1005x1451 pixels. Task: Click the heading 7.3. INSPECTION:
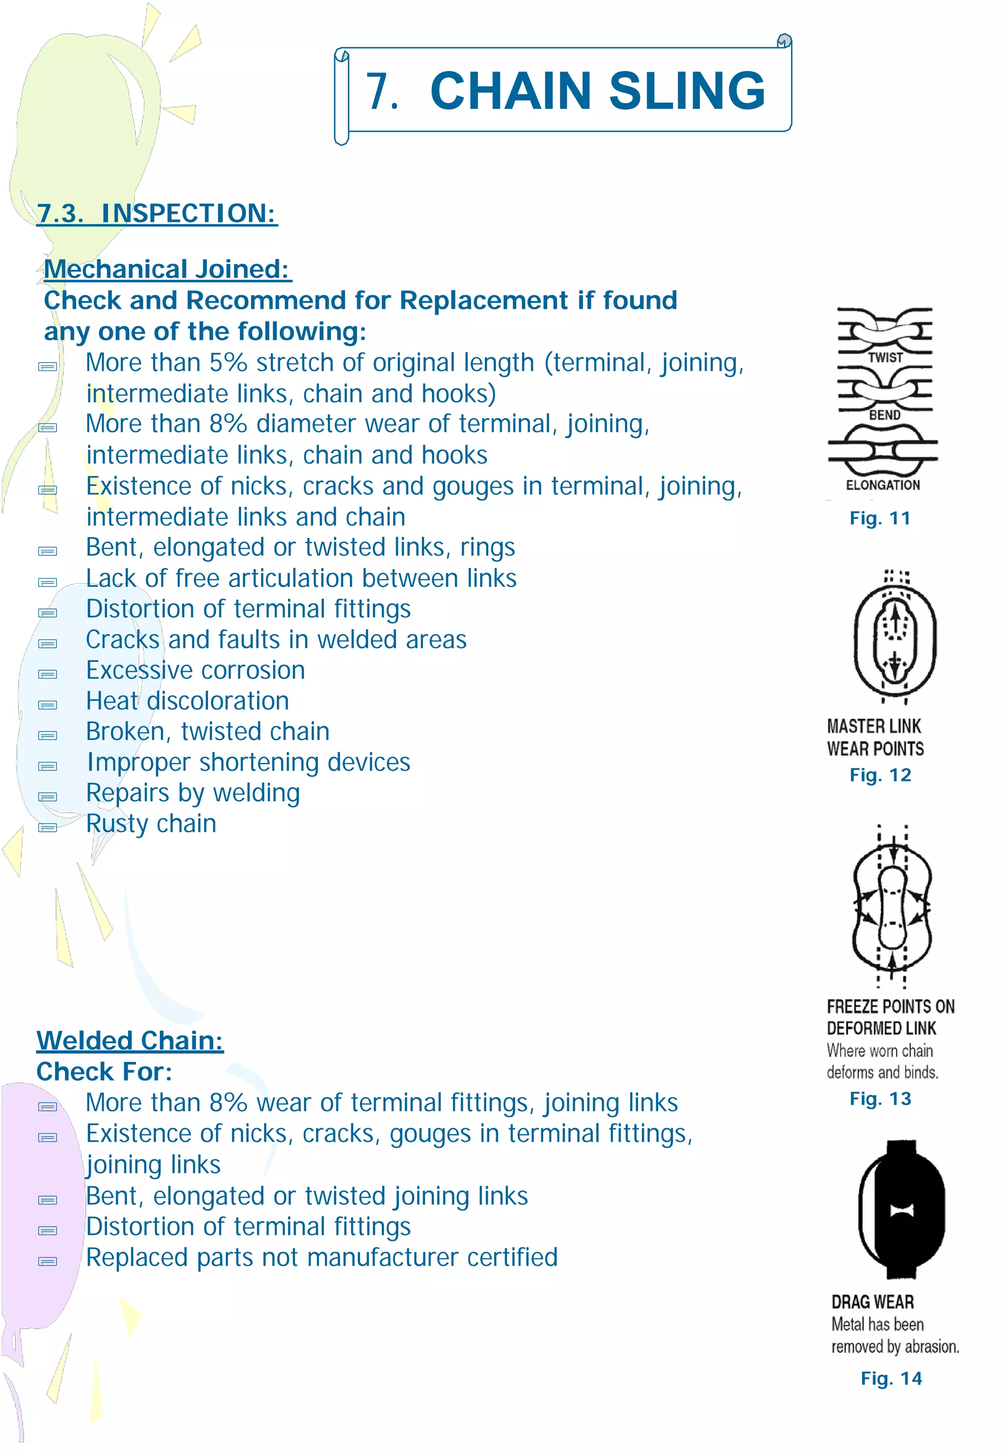click(157, 213)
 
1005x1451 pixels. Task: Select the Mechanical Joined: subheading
click(167, 269)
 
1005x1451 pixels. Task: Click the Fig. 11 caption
click(880, 518)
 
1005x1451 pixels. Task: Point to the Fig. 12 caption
click(880, 775)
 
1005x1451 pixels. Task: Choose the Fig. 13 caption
click(880, 1099)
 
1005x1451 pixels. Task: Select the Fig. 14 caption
click(891, 1378)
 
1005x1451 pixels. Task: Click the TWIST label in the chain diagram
click(885, 358)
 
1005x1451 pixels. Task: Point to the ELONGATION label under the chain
click(883, 485)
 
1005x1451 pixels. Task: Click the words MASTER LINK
click(874, 726)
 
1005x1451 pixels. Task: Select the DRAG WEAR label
click(872, 1302)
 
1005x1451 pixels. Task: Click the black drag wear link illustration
click(902, 1209)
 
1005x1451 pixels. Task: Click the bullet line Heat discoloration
click(187, 701)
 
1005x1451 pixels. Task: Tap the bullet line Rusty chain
click(151, 824)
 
